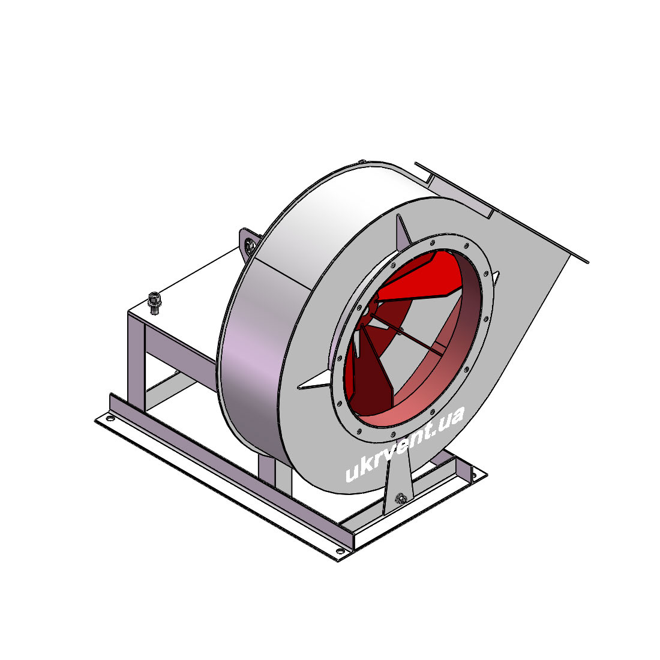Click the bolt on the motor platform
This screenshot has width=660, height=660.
tap(155, 302)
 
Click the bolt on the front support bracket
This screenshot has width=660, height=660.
tap(401, 499)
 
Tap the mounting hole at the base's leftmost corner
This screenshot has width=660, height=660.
tap(110, 418)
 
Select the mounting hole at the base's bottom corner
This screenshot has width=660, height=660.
tap(339, 551)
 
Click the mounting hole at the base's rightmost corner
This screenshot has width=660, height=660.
tap(475, 476)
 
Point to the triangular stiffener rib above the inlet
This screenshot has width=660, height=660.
tap(403, 232)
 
